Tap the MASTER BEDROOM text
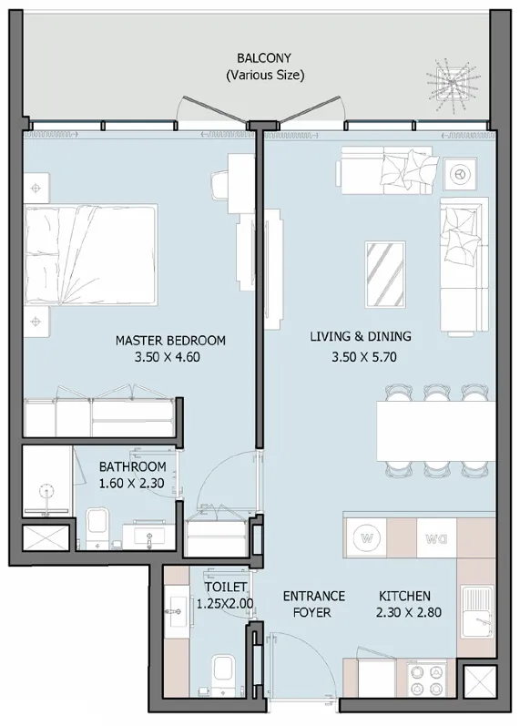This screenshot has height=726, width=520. (x=170, y=341)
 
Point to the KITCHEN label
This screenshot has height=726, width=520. (x=409, y=597)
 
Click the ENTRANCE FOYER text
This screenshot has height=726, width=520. (x=313, y=605)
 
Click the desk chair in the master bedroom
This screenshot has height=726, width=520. (x=220, y=182)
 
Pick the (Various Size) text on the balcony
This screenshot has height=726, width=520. (x=265, y=75)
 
